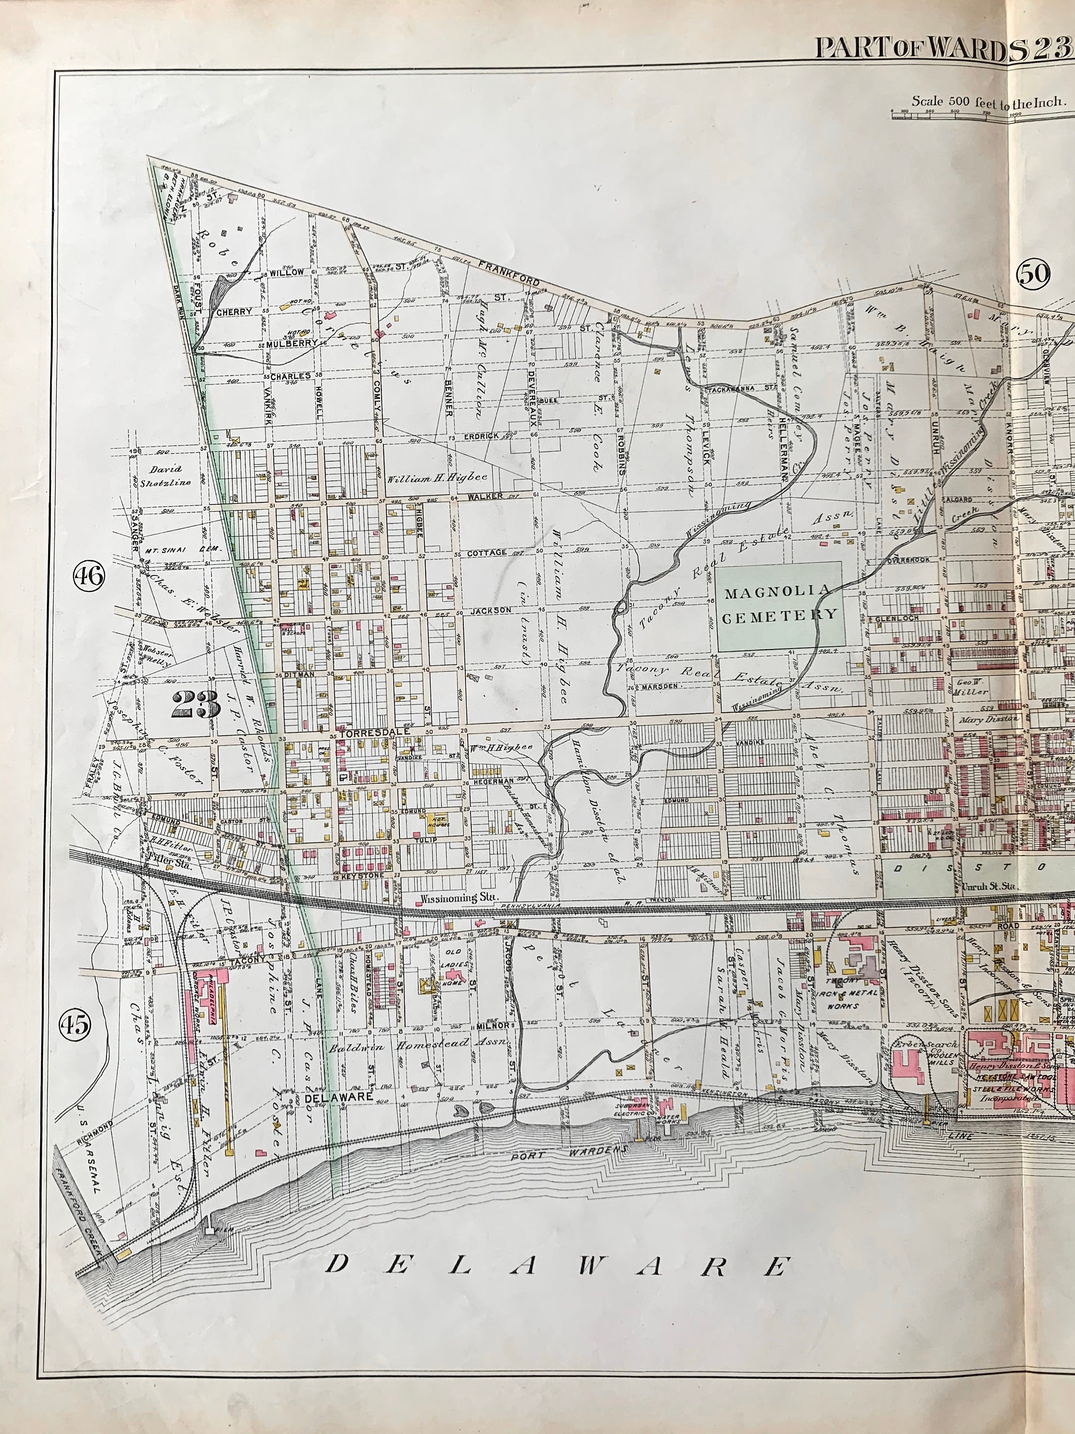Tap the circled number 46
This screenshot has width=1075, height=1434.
coord(89,575)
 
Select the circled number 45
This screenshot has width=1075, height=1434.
coord(75,1024)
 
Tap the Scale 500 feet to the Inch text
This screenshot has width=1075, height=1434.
coord(988,101)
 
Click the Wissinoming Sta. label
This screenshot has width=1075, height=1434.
coord(453,899)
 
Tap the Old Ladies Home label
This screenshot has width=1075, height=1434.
coord(453,970)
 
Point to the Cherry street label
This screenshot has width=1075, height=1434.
coord(234,312)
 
